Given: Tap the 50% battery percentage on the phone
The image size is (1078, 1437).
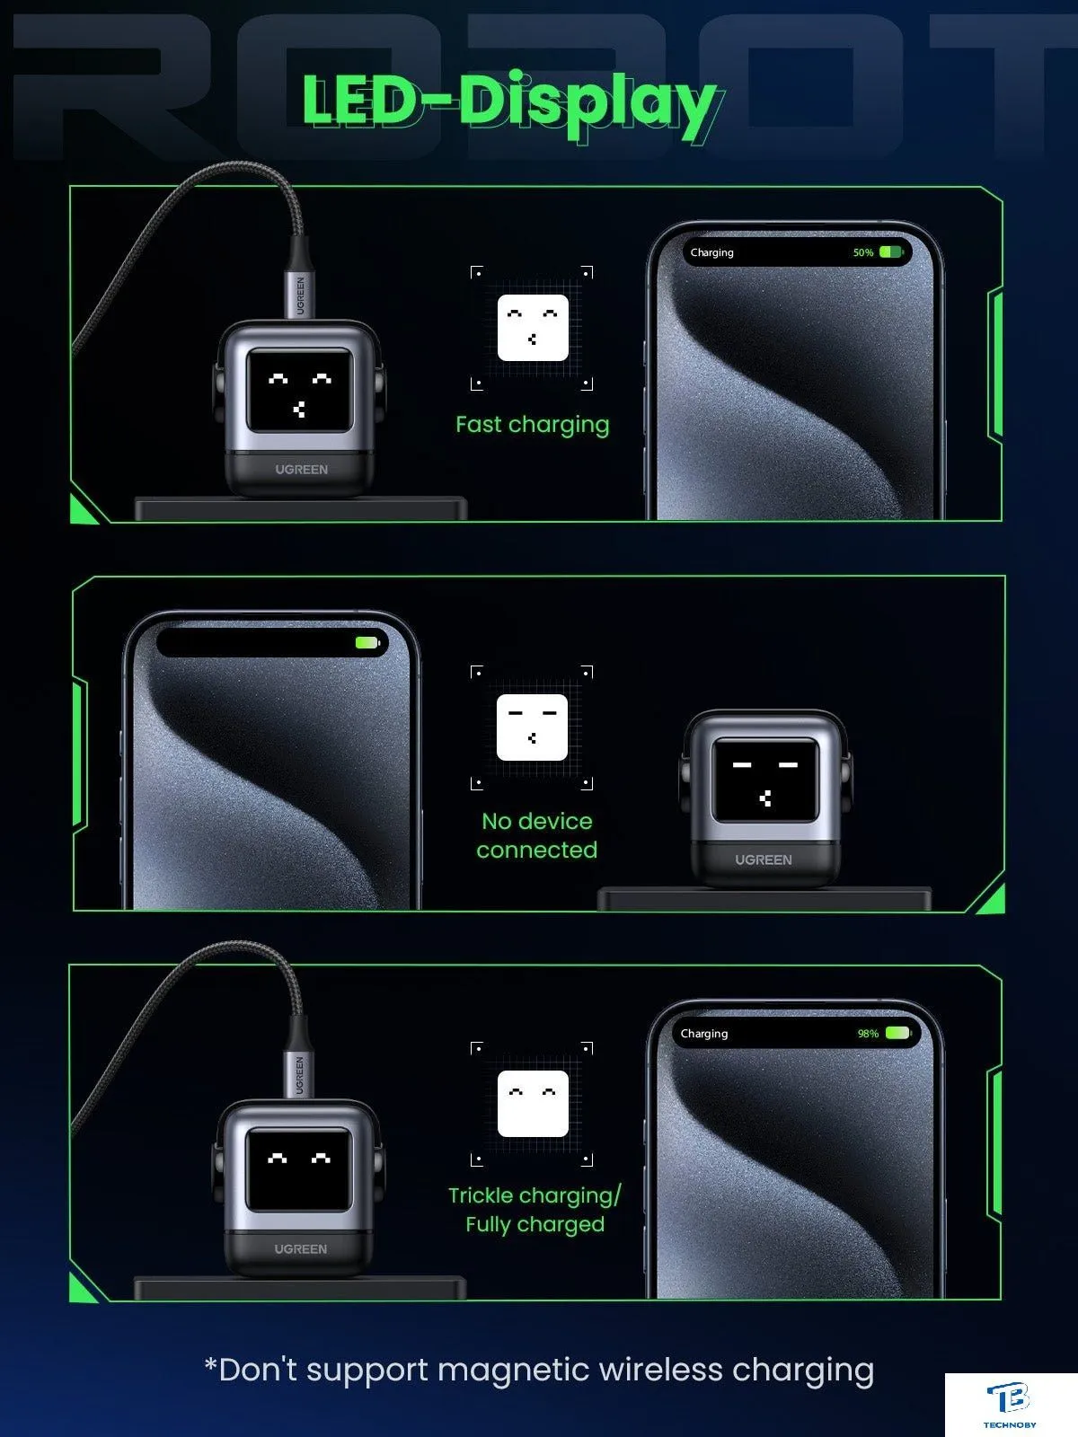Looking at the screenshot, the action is (x=862, y=252).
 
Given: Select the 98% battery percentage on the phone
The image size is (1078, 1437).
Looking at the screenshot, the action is (x=868, y=1034).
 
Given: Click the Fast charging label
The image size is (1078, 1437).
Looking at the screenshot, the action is (x=532, y=425).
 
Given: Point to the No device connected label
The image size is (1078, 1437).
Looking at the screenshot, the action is (x=536, y=835).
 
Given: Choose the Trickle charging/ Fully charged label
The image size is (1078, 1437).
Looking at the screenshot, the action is (x=535, y=1210).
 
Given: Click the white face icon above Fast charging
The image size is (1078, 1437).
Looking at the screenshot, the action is (x=533, y=327).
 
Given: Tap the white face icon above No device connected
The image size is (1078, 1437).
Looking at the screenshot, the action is (x=532, y=727).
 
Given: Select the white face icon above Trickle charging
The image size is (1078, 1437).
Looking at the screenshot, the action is (x=533, y=1104).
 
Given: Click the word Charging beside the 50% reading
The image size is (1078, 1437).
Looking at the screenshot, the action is (x=712, y=252).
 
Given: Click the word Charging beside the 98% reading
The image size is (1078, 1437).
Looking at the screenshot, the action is (x=704, y=1034).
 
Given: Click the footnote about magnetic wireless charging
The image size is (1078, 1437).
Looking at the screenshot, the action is (x=539, y=1371).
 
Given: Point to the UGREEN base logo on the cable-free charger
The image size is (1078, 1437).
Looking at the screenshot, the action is (x=764, y=860).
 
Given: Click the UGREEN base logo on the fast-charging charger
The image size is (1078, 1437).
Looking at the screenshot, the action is (x=301, y=470).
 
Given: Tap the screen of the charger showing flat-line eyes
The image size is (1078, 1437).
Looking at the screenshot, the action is (x=765, y=780).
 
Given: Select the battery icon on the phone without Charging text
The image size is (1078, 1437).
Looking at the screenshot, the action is (x=367, y=643).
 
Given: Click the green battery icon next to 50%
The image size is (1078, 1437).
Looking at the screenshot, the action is (x=891, y=252).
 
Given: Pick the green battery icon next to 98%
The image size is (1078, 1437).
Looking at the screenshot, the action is (x=898, y=1033).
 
